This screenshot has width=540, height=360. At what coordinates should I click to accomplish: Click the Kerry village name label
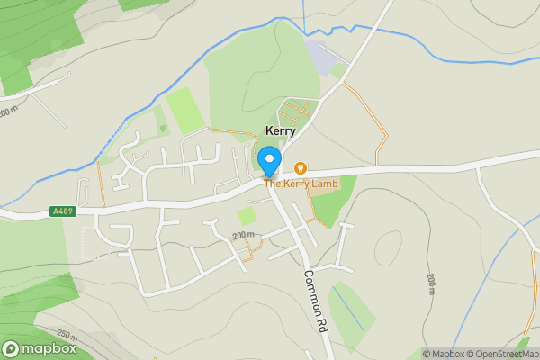[280, 131]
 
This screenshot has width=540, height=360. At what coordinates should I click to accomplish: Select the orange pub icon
[301, 168]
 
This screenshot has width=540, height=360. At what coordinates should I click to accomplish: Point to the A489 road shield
[63, 212]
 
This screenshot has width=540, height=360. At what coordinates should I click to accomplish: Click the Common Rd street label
[315, 301]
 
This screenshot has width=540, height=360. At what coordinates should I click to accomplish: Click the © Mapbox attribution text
[443, 354]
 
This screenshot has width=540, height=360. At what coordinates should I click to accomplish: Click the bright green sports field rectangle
[184, 111]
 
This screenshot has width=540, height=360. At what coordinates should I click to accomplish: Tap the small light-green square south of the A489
[246, 216]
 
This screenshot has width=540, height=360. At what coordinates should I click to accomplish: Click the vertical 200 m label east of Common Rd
[431, 283]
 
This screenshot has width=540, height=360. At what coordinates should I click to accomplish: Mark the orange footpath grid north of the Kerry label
[295, 114]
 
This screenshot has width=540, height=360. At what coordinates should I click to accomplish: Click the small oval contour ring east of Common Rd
[389, 247]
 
